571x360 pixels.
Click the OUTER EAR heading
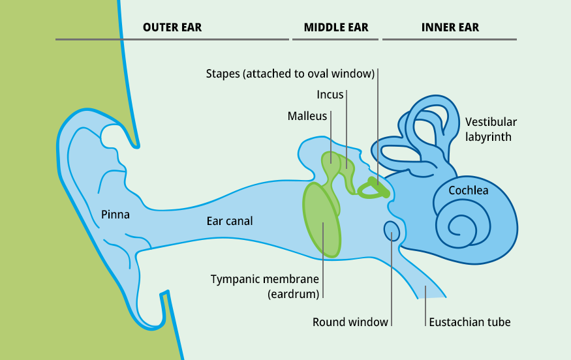[x=172, y=27]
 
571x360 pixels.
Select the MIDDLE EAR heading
[x=336, y=27]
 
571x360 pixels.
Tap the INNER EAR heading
[x=450, y=27]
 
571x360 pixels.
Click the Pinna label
[x=116, y=215]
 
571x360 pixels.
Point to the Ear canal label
[x=230, y=221]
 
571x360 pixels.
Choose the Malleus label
[x=307, y=115]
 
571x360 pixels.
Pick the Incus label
[x=330, y=95]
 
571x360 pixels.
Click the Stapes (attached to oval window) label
[x=290, y=74]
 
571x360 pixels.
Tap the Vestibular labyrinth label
[x=491, y=129]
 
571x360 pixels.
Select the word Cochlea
[x=469, y=190]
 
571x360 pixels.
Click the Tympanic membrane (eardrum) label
[x=265, y=286]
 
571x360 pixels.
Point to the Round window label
[x=350, y=322]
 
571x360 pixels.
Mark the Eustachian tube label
[x=469, y=322]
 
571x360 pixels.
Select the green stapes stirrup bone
[x=374, y=188]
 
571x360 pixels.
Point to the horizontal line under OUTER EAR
[x=172, y=40]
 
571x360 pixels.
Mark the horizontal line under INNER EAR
[x=450, y=40]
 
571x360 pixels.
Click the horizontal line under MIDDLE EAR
[x=336, y=40]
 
